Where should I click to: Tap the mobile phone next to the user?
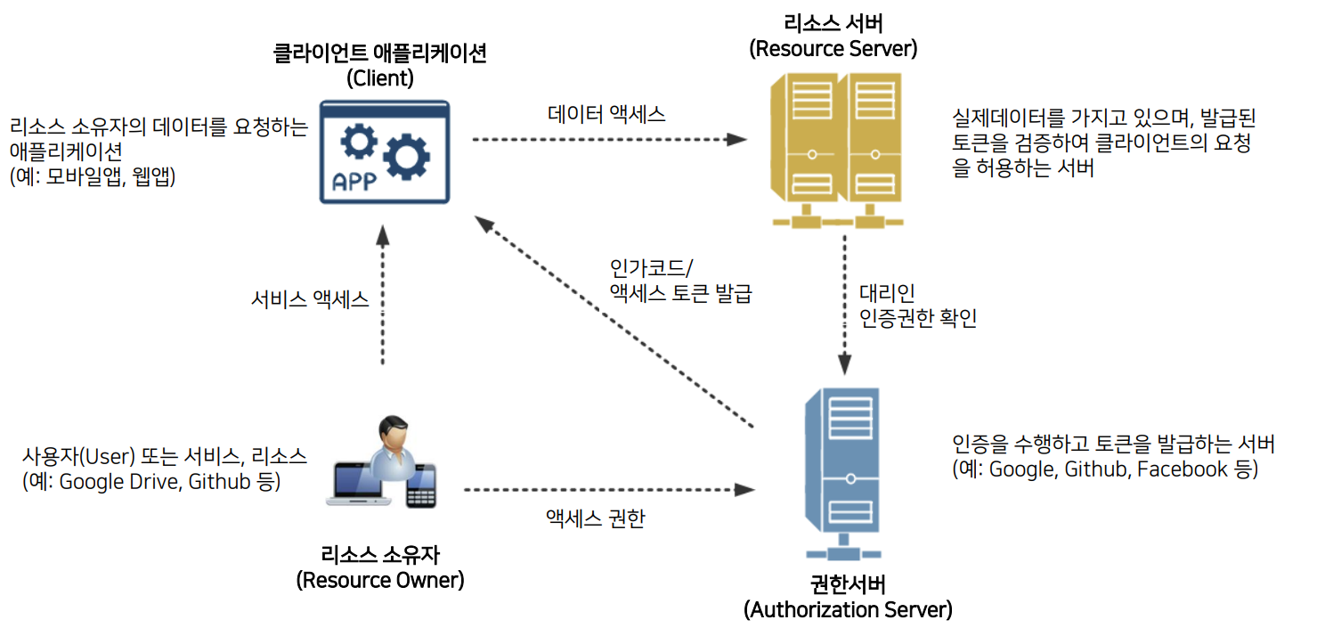click(x=421, y=485)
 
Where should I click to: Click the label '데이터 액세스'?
click(x=606, y=113)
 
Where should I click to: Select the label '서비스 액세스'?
click(x=310, y=299)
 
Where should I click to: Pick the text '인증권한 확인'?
click(x=918, y=319)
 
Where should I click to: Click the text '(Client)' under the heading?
click(x=380, y=77)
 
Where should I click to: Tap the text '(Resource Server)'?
click(x=833, y=48)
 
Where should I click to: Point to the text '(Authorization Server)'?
click(x=848, y=610)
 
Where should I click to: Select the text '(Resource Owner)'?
click(x=380, y=581)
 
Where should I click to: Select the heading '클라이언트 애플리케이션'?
click(x=380, y=53)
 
